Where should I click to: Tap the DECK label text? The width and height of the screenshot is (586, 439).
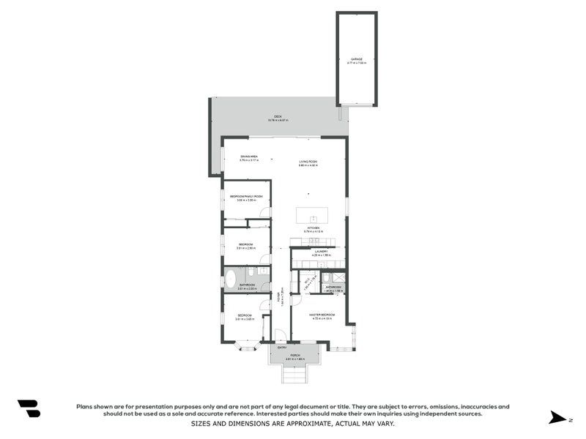[278, 117]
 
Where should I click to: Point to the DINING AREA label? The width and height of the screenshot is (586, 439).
[249, 157]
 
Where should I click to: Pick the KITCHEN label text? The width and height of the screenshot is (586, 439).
[313, 228]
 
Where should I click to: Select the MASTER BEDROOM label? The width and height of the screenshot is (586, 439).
[322, 315]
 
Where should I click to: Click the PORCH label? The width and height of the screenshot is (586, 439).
[293, 355]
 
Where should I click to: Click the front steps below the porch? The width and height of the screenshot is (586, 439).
[293, 374]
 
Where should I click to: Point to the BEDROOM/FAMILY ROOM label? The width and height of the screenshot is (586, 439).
[246, 196]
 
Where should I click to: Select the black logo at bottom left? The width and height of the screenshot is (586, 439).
[29, 408]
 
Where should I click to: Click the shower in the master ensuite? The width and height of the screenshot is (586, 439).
[338, 277]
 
